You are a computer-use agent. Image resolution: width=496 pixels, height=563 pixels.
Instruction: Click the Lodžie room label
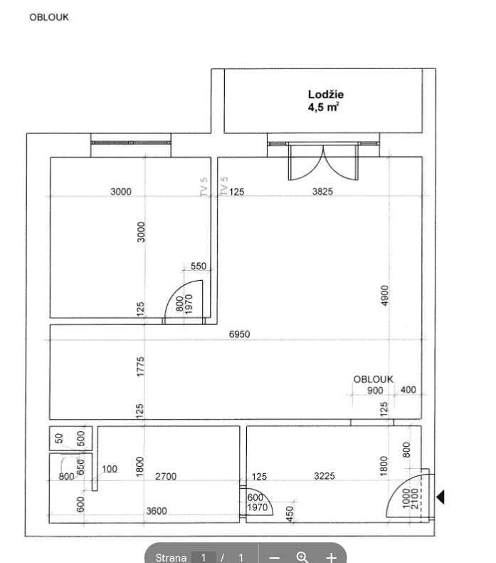(327, 94)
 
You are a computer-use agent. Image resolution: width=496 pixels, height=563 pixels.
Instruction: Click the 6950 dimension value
(239, 334)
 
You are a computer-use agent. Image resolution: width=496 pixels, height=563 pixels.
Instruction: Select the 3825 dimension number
(322, 191)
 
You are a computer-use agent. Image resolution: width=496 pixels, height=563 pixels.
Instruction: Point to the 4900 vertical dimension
(385, 296)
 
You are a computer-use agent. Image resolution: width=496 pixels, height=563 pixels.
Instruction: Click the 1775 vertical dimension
(141, 367)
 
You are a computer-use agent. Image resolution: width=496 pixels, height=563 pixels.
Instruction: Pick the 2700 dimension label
(166, 476)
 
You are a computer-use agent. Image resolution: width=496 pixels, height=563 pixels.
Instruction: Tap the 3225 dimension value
(324, 476)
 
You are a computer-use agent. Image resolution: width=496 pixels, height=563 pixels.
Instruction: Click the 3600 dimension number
(157, 511)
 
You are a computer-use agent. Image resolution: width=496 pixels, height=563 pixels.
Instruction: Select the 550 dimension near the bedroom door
(198, 267)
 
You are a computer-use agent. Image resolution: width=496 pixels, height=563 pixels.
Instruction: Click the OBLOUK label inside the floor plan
(374, 379)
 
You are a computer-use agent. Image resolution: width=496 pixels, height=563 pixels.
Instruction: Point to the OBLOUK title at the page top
(49, 17)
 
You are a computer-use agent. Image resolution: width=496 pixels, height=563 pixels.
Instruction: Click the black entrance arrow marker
(440, 497)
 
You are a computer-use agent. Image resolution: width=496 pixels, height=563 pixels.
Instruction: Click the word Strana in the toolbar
(171, 557)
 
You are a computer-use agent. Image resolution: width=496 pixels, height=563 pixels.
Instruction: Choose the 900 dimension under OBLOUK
(375, 391)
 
